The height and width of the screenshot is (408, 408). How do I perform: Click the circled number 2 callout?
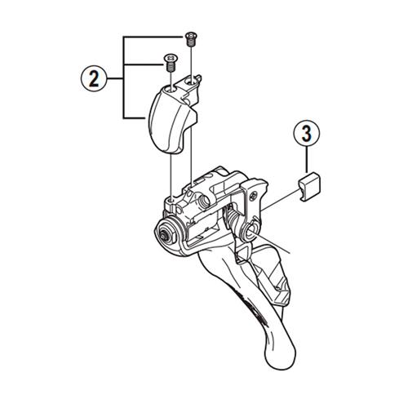[x=94, y=78]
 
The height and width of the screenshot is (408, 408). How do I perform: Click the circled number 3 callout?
[x=307, y=133]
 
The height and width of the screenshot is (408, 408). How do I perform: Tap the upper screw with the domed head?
[x=191, y=39]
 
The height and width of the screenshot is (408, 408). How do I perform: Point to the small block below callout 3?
[x=309, y=186]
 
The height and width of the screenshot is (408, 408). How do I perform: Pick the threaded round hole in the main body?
[x=204, y=201]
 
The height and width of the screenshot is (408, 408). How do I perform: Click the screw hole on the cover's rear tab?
[x=192, y=80]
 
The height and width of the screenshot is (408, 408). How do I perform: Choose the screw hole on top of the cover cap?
[x=170, y=88]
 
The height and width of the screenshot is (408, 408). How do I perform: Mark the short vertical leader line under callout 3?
[x=307, y=159]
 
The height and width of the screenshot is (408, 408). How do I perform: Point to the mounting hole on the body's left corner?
[x=170, y=201]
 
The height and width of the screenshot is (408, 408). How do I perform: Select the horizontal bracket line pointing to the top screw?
[x=153, y=37]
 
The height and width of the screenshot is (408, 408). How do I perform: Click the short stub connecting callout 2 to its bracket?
[x=115, y=78]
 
